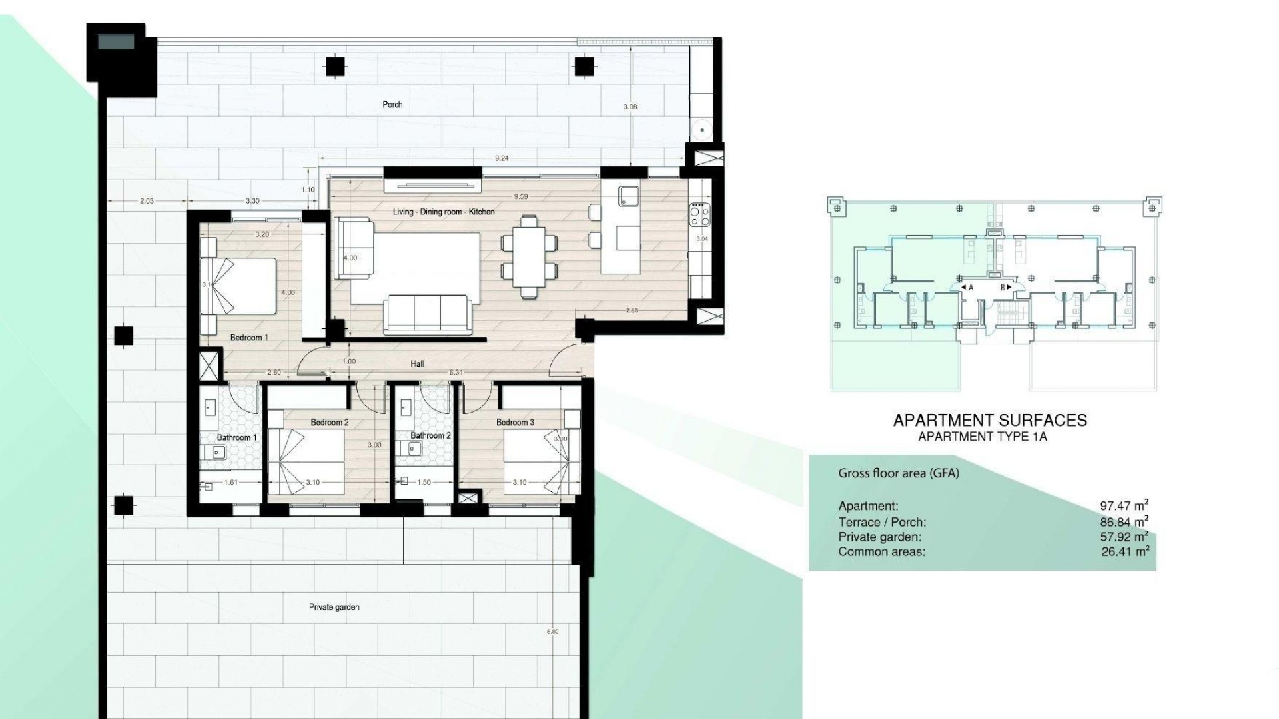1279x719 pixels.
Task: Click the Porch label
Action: [x=392, y=105]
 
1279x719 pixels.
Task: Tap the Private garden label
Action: [x=334, y=607]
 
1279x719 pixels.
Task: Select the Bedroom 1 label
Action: [x=249, y=338]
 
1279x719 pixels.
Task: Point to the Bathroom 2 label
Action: [x=430, y=435]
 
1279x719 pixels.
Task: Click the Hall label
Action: [x=417, y=363]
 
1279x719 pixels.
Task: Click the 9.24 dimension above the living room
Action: [x=502, y=158]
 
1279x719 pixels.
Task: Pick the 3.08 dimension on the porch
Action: [x=630, y=107]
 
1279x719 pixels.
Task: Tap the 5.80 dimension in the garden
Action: [x=552, y=631]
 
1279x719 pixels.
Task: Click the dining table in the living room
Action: [x=529, y=255]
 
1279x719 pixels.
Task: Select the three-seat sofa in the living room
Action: [x=427, y=314]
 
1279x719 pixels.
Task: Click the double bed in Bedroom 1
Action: [x=238, y=286]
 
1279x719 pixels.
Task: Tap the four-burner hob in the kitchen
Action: [x=700, y=214]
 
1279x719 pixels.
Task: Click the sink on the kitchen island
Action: [x=628, y=195]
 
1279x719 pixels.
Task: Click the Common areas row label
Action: [x=881, y=551]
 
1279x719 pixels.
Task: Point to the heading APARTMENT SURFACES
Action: [x=989, y=420]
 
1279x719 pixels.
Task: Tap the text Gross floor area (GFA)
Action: [x=898, y=473]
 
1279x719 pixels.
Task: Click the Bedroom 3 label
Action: [x=515, y=423]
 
